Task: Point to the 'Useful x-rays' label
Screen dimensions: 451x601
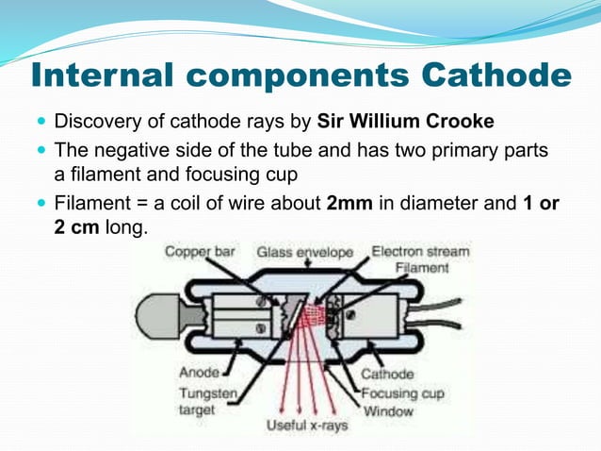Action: click(305, 426)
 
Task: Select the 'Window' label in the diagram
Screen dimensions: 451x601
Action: click(386, 411)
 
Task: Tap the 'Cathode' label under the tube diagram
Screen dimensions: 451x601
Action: click(387, 374)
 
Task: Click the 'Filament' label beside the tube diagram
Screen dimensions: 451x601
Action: click(422, 268)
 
